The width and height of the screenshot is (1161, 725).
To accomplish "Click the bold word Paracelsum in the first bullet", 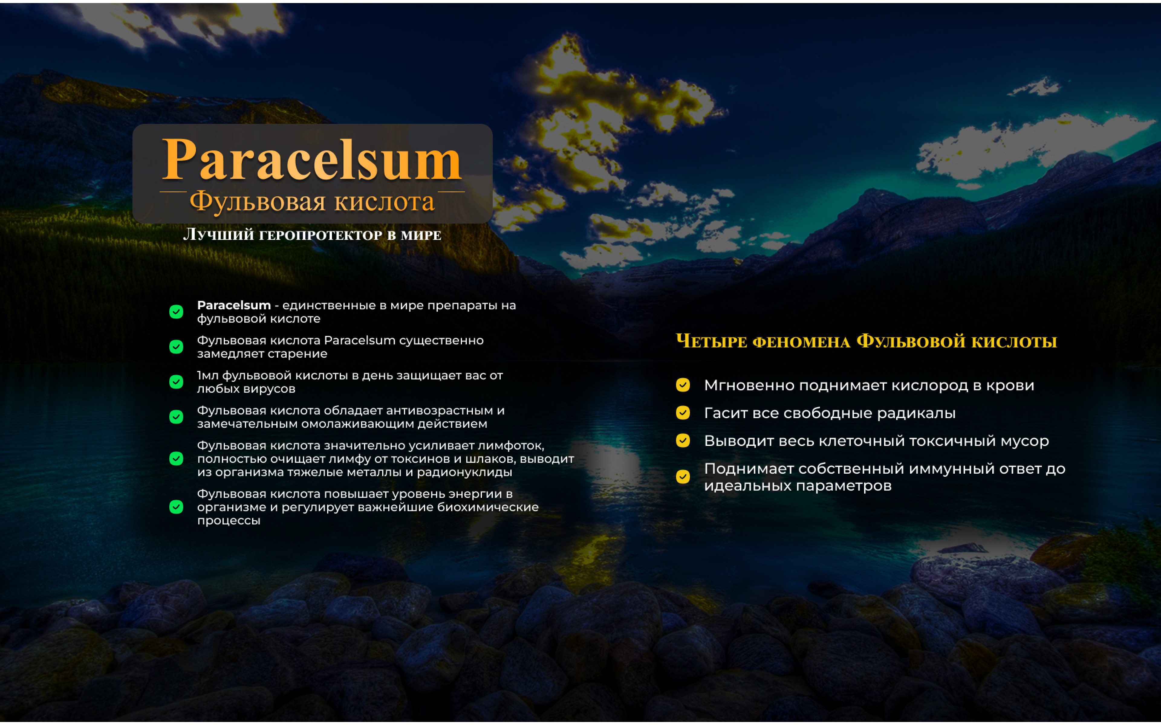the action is click(234, 305).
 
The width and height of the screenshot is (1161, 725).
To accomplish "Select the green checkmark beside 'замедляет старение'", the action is click(176, 347).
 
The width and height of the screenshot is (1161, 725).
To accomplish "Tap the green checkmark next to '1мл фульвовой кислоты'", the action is click(176, 382).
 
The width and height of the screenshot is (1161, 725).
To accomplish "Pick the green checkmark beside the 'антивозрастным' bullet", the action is click(176, 417).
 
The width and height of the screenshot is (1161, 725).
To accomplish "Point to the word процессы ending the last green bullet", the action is click(229, 521).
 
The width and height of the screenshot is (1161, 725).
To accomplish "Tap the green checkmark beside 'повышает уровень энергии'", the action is click(176, 507).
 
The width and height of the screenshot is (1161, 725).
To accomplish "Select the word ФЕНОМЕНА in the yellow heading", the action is click(801, 342).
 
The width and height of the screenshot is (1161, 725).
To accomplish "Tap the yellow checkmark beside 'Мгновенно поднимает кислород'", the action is click(683, 385).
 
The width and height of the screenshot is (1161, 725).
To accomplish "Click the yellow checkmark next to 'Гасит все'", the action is click(683, 413).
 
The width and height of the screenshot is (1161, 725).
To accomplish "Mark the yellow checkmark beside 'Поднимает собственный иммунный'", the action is click(683, 477).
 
